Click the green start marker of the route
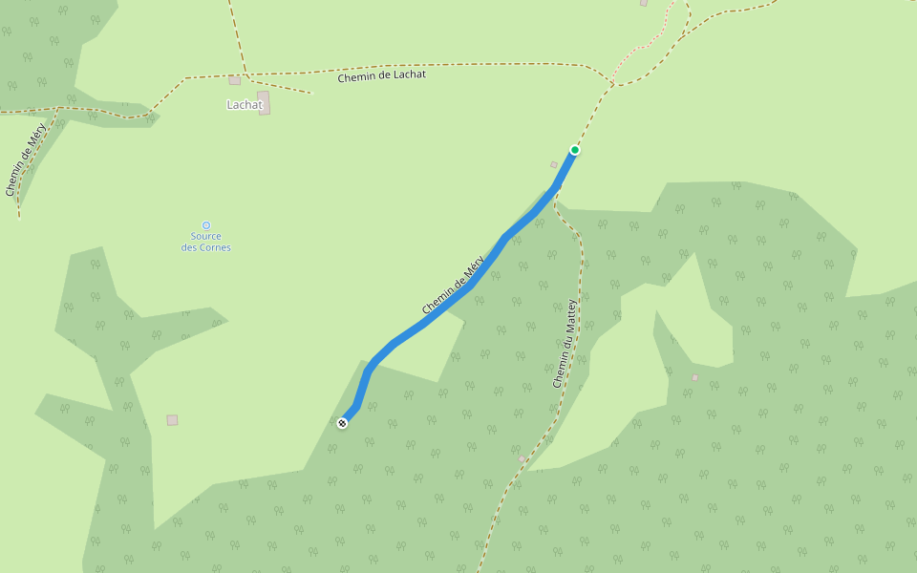tap(575, 150)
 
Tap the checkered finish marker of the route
tap(342, 423)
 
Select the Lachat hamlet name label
tap(244, 105)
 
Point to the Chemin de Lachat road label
tap(381, 75)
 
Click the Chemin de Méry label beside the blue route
tap(454, 285)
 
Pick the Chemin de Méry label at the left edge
tap(25, 159)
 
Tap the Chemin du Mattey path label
tap(565, 343)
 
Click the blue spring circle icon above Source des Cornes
tap(205, 225)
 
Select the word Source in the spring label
tap(205, 237)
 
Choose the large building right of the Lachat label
tap(264, 102)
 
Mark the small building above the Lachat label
tap(234, 80)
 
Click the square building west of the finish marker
tap(172, 420)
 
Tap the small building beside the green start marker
tap(554, 165)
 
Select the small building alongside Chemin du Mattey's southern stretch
tap(522, 459)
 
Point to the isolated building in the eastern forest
tap(694, 377)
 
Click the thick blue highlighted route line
tap(430, 320)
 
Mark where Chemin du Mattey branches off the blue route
tap(554, 195)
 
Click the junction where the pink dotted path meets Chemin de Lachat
tap(612, 85)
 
